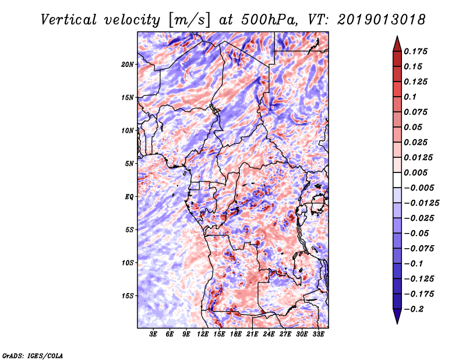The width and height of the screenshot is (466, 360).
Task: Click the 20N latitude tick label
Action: point(128,65)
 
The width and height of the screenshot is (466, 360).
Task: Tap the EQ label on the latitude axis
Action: point(129,197)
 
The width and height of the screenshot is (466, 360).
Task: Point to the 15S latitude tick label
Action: point(128,296)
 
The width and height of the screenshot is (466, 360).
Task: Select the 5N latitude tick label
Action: point(129,164)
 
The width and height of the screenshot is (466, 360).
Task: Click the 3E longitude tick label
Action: point(153,334)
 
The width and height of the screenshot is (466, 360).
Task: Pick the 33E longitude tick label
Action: point(318,334)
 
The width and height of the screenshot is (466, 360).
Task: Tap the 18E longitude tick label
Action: point(236,334)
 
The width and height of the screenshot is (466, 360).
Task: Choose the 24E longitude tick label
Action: point(269,334)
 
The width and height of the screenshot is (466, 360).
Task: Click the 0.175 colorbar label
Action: point(415,51)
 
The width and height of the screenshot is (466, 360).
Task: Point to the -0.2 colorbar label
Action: point(414,309)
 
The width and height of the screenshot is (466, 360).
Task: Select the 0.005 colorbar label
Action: point(415,172)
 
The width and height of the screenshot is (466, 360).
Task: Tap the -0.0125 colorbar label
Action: point(421,203)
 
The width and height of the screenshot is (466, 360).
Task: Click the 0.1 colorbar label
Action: point(410,97)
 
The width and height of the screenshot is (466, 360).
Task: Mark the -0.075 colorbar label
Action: point(419,249)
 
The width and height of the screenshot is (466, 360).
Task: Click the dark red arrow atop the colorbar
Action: point(397,44)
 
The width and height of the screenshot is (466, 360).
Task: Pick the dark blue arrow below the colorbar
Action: point(397,316)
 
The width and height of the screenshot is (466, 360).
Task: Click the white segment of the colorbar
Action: point(397,180)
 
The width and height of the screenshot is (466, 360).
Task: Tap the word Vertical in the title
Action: point(69,20)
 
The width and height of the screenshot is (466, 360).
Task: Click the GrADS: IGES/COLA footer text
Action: point(33,355)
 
